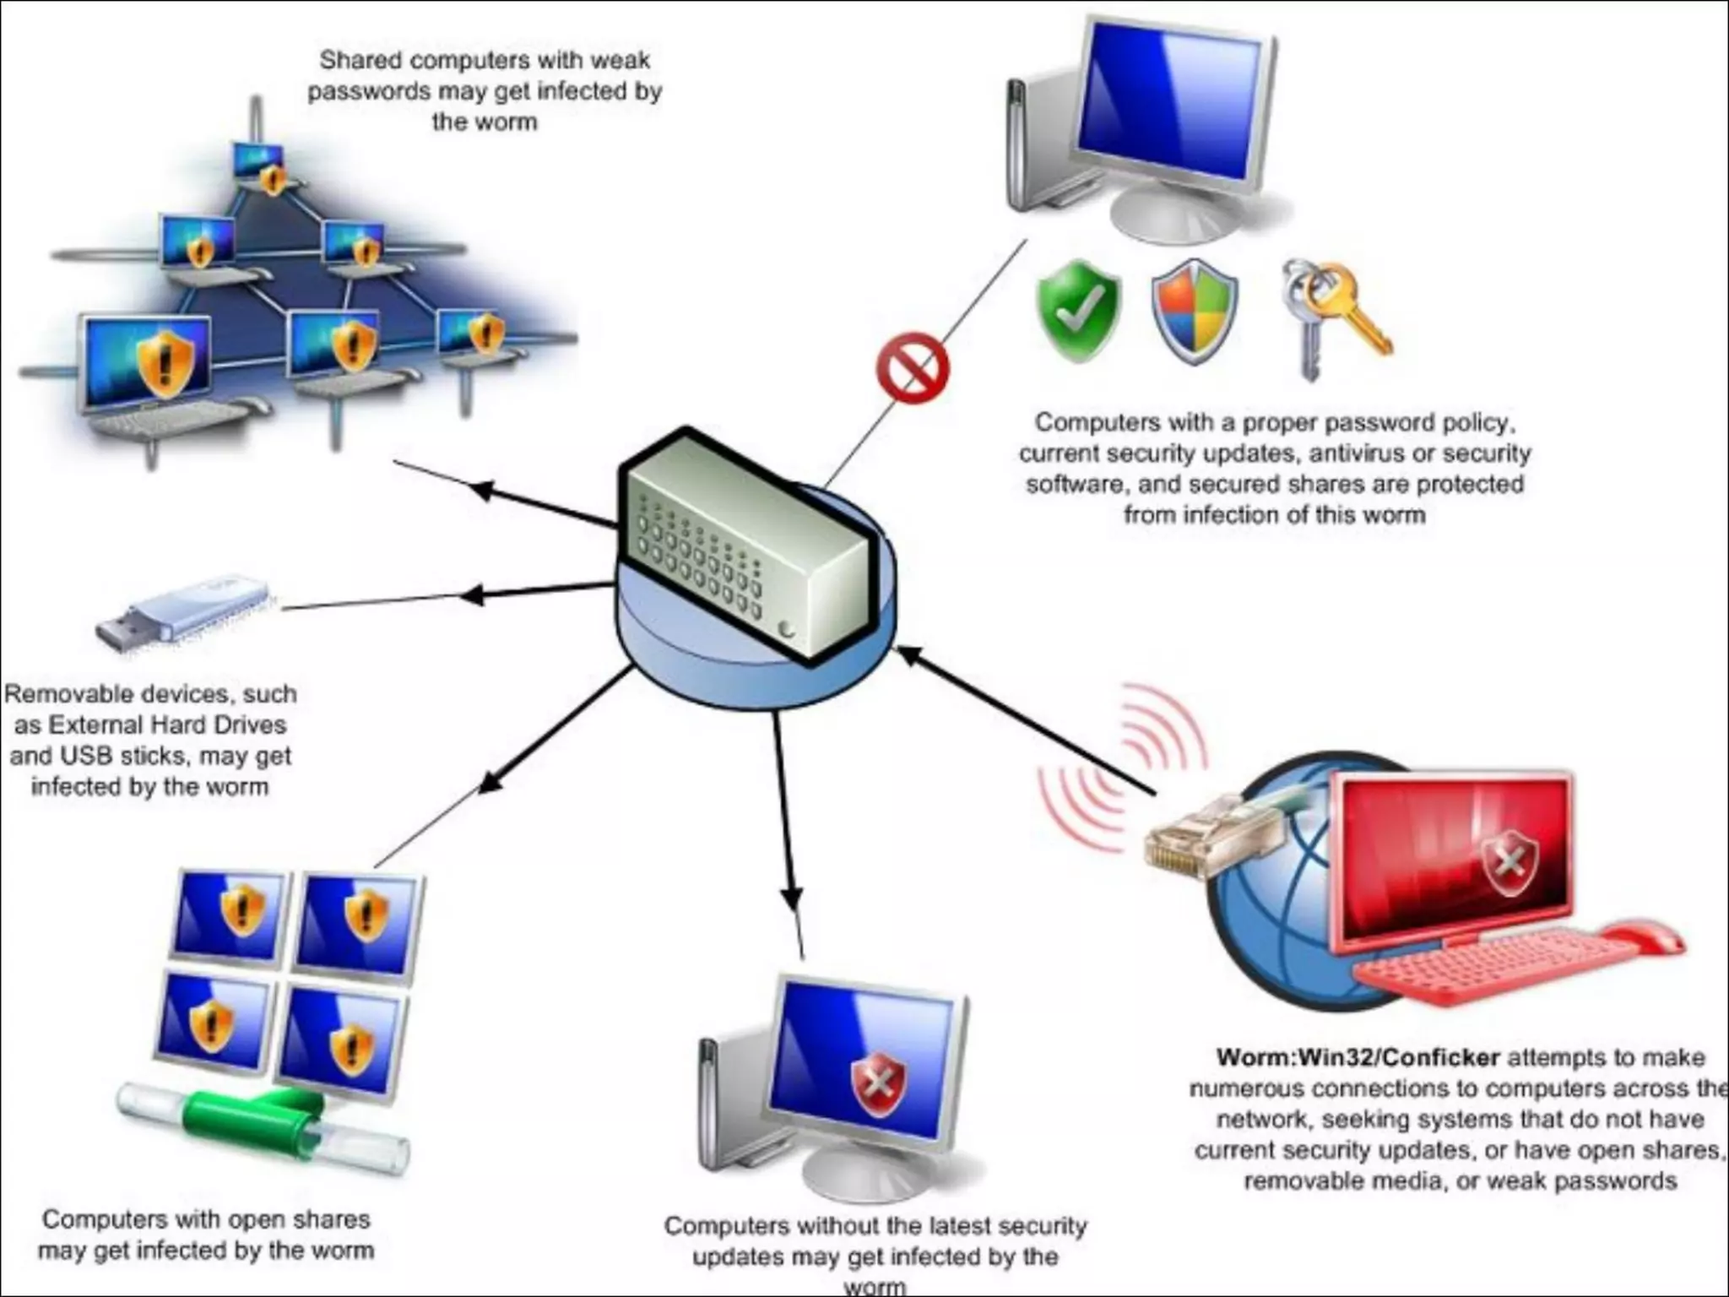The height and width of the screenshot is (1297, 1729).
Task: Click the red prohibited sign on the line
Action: coord(912,368)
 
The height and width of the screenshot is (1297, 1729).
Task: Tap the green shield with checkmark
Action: coord(1078,311)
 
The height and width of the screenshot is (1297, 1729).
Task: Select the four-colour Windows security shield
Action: coord(1194,312)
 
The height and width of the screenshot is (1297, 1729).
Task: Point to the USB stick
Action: coord(182,614)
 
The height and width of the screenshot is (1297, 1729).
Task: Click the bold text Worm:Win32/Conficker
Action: coord(1357,1057)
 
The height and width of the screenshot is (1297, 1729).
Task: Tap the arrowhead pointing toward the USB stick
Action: coord(472,595)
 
